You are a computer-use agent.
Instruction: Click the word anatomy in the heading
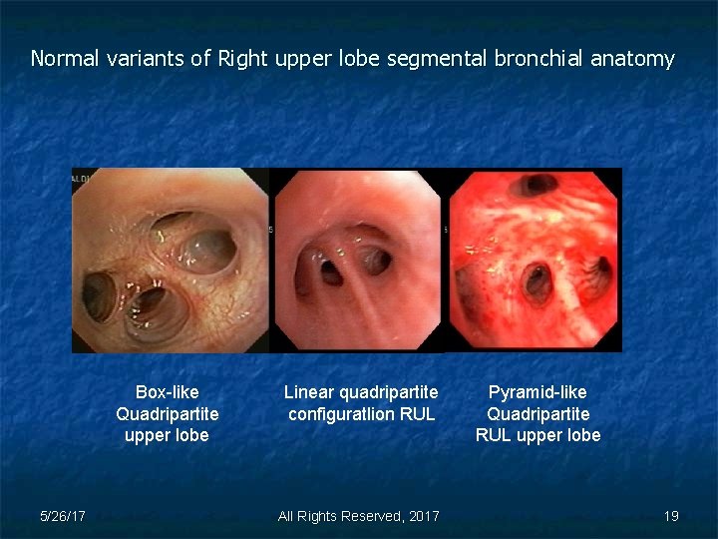click(x=633, y=59)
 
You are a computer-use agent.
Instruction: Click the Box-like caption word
click(x=167, y=392)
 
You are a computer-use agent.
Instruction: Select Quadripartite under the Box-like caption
click(x=167, y=413)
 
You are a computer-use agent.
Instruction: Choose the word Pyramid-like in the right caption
click(x=538, y=392)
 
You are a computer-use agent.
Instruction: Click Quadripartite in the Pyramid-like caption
click(x=538, y=413)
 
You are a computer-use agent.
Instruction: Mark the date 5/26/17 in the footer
click(x=62, y=516)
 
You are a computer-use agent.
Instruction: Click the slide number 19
click(x=671, y=516)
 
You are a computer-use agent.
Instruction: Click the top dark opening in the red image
click(x=539, y=185)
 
